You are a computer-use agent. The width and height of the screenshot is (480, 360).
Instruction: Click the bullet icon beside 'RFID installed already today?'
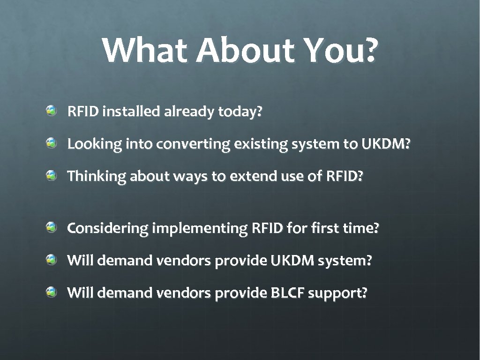pyautogui.click(x=52, y=111)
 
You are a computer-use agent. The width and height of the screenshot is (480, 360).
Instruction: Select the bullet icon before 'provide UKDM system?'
pyautogui.click(x=52, y=259)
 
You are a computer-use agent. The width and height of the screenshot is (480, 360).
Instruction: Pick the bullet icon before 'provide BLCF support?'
pyautogui.click(x=52, y=292)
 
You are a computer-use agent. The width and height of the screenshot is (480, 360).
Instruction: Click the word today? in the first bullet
pyautogui.click(x=240, y=112)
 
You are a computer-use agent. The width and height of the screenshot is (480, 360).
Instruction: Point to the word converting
pyautogui.click(x=193, y=145)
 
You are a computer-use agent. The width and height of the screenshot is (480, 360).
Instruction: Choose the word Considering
pyautogui.click(x=108, y=229)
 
